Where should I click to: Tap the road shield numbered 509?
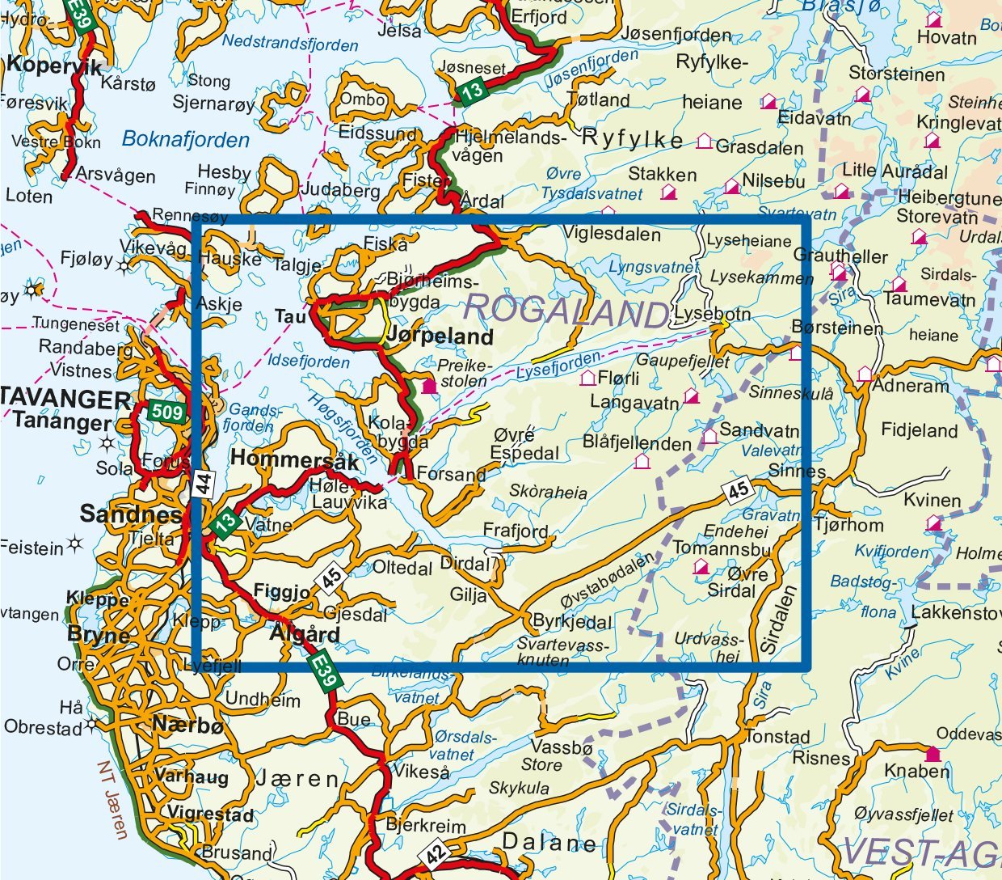click(x=166, y=412)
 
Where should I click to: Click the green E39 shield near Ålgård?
click(x=322, y=671)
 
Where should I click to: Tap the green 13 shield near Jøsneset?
click(x=472, y=91)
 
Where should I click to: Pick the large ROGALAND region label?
click(x=568, y=311)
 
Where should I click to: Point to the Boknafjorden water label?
click(x=186, y=140)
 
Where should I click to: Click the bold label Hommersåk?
click(x=294, y=459)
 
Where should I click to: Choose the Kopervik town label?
click(x=54, y=66)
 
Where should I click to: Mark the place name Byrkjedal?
click(x=571, y=622)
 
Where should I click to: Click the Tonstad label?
click(x=777, y=737)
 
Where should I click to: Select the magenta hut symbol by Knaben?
click(x=933, y=754)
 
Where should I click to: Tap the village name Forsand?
click(x=451, y=474)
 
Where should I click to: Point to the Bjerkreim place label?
click(x=426, y=826)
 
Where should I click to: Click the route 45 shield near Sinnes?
click(x=738, y=490)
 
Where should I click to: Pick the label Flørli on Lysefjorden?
click(x=619, y=378)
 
